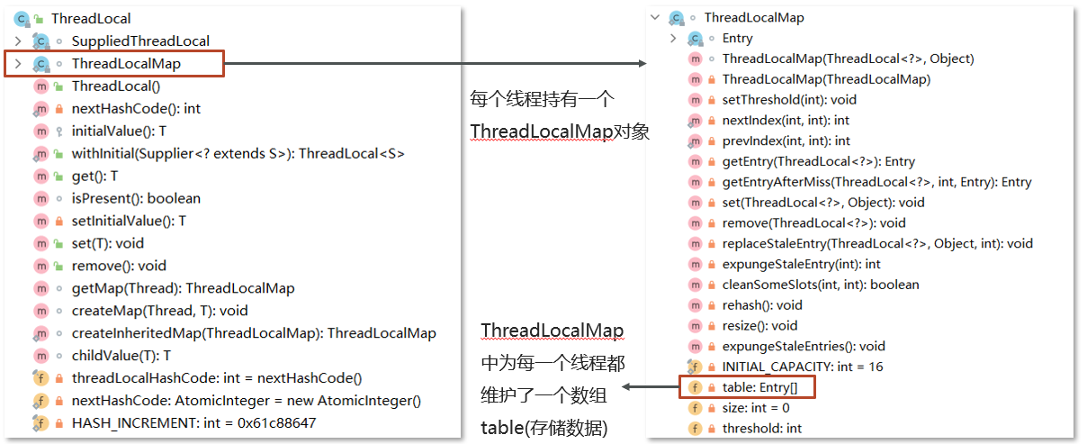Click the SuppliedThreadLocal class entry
[x=140, y=41]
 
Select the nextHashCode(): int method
[x=136, y=109]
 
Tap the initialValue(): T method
[x=119, y=131]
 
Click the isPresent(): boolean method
[x=136, y=199]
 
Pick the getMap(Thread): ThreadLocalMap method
[x=183, y=288]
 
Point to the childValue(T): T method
[x=121, y=356]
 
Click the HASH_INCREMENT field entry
[x=193, y=423]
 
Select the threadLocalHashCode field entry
[x=217, y=378]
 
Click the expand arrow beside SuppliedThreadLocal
[x=18, y=41]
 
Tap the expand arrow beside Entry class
[x=673, y=38]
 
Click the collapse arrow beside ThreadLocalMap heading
[x=655, y=17]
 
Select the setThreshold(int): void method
[x=789, y=100]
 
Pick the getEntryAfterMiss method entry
[x=876, y=182]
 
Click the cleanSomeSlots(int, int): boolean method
[x=820, y=285]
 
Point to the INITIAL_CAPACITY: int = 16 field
[x=802, y=367]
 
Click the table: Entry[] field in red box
[x=759, y=387]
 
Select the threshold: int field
[x=761, y=429]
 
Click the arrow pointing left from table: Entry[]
[x=651, y=386]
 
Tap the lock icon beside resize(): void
[x=712, y=326]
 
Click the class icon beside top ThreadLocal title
[x=22, y=19]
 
